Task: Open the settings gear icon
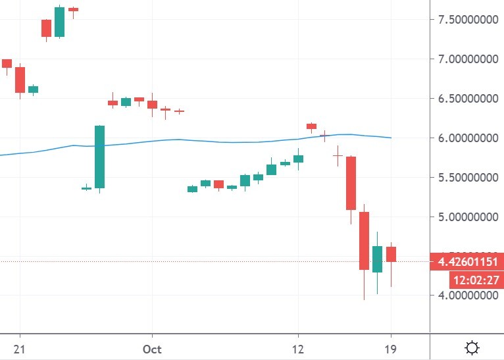point(471,347)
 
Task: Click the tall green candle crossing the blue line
point(99,157)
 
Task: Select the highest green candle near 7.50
point(59,22)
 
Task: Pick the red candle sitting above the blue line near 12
point(311,126)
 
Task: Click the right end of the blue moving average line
point(391,138)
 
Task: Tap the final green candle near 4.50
point(377,259)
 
